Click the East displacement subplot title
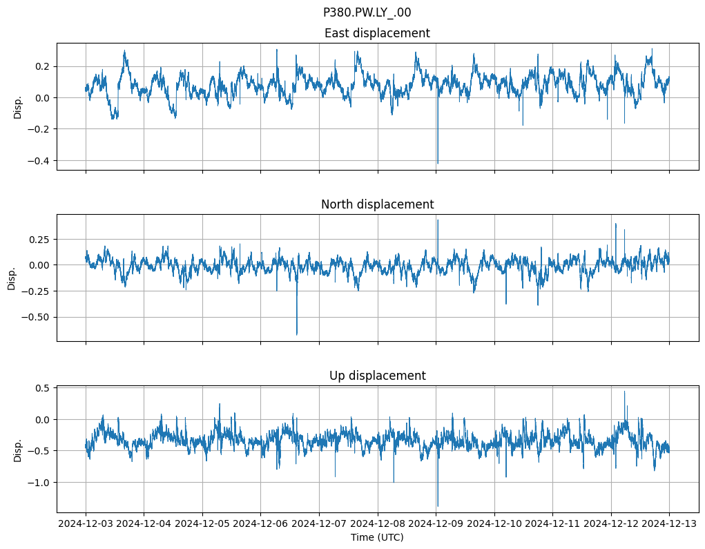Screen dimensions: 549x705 point(377,33)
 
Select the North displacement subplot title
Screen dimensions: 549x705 point(377,204)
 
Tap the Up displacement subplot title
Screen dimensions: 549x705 point(377,376)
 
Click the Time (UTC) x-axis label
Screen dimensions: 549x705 point(377,537)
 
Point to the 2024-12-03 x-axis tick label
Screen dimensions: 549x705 point(86,523)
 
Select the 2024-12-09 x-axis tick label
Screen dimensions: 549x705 point(436,523)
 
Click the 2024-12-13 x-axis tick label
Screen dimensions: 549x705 point(669,523)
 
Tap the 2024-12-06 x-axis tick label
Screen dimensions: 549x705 point(261,523)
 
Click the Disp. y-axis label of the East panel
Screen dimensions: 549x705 point(18,107)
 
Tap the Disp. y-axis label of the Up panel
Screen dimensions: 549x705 point(18,450)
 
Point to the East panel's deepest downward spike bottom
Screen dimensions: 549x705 point(437,164)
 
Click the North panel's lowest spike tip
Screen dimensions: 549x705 point(297,335)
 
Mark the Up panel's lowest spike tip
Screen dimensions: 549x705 point(437,507)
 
